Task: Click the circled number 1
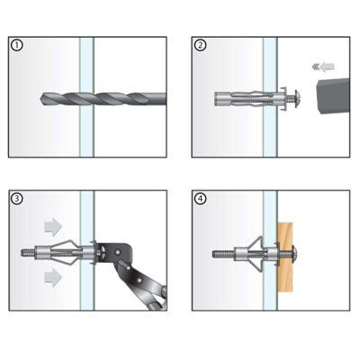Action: (16, 46)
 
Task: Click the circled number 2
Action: (200, 46)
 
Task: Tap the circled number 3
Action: (16, 199)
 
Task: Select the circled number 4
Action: (200, 199)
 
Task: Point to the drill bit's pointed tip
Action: (40, 98)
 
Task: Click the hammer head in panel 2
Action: (333, 96)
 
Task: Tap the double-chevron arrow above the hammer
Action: (323, 67)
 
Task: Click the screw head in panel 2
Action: (297, 98)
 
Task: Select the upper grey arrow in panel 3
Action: (53, 226)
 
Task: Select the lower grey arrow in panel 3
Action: (53, 277)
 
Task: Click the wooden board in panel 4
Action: (285, 257)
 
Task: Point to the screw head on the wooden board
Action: (294, 255)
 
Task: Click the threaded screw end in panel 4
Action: (223, 255)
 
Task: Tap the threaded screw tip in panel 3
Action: (28, 252)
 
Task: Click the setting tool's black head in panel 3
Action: (115, 253)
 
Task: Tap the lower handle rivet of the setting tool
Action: (139, 280)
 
